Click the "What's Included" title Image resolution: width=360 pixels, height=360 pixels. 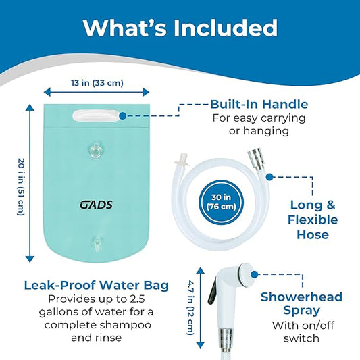pos(180,28)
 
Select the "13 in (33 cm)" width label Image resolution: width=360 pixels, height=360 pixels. pos(97,84)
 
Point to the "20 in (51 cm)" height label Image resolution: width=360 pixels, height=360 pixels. pos(20,182)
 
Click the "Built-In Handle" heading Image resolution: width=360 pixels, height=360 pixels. pos(259,105)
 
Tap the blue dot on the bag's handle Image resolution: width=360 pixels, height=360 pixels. pos(122,115)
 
